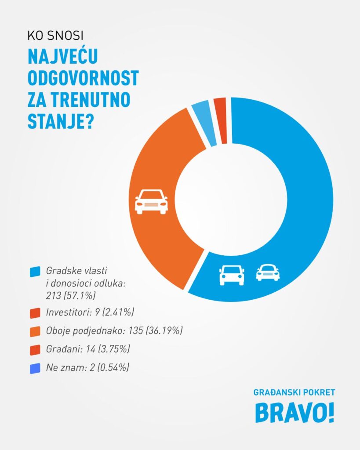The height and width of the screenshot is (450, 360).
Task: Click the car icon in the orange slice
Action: (x=151, y=202)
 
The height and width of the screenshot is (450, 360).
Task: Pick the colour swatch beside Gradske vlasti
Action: (x=35, y=272)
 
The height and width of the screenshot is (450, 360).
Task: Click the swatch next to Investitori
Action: (x=35, y=313)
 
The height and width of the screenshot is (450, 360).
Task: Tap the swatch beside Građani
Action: (x=35, y=350)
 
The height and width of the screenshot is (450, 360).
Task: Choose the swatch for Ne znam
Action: (x=35, y=368)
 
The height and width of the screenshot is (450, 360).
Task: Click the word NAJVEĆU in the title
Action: (x=62, y=57)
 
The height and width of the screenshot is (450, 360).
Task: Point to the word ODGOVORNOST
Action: (x=83, y=78)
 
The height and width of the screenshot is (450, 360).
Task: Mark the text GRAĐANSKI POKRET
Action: (x=294, y=392)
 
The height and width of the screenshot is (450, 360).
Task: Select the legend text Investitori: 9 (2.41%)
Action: (x=90, y=313)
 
